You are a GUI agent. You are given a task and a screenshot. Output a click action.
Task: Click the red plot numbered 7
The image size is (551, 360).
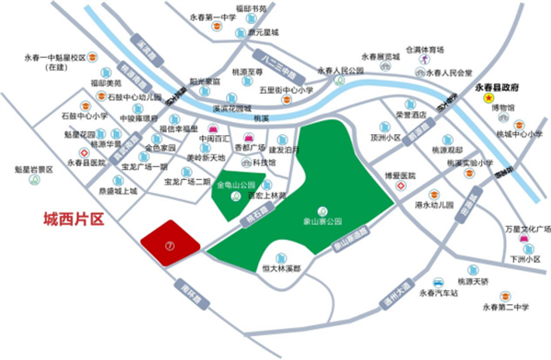171,244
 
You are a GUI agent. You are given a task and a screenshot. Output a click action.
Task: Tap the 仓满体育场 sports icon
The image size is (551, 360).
426,60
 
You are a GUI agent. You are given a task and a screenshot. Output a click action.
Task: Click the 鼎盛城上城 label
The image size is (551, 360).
116,191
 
